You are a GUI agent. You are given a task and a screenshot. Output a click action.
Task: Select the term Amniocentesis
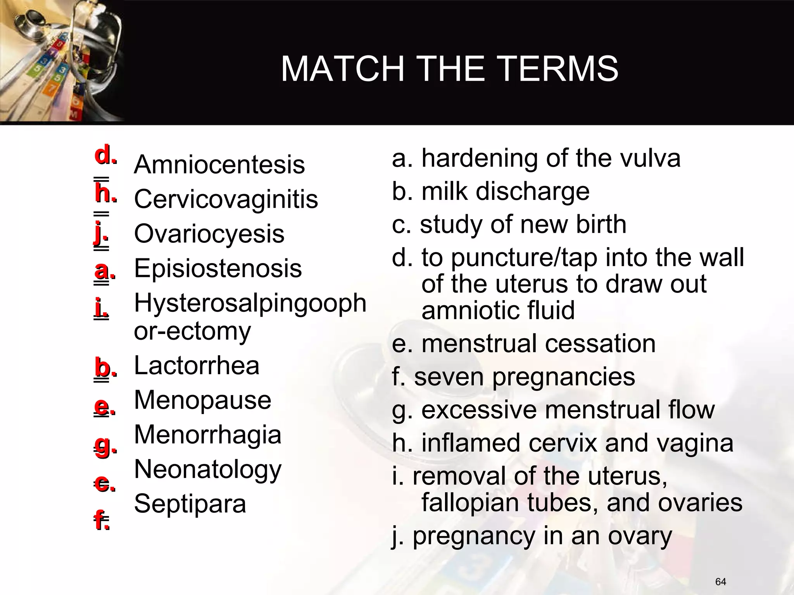(219, 165)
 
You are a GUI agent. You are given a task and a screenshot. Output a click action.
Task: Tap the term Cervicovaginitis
(226, 199)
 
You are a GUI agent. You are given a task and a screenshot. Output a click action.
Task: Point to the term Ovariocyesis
(209, 234)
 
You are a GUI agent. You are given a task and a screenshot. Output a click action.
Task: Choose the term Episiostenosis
(218, 268)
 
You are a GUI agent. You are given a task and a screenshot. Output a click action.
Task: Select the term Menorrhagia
(208, 435)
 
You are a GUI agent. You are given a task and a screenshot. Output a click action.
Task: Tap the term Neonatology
(208, 469)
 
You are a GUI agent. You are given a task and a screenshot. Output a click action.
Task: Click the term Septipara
(190, 504)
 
